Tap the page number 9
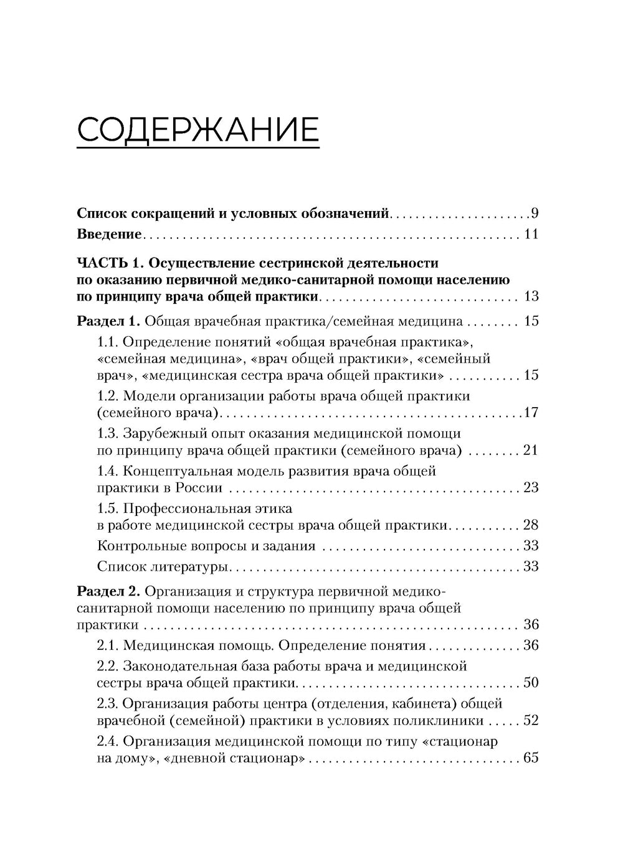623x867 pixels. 535,214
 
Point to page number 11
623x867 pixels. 531,235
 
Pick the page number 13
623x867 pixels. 531,296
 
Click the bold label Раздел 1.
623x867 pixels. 109,322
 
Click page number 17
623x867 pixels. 531,413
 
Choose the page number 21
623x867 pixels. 531,450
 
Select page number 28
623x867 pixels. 531,525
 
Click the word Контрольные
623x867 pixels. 140,546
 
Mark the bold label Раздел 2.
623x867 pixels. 109,589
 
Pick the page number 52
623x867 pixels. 531,721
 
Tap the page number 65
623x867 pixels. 531,759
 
